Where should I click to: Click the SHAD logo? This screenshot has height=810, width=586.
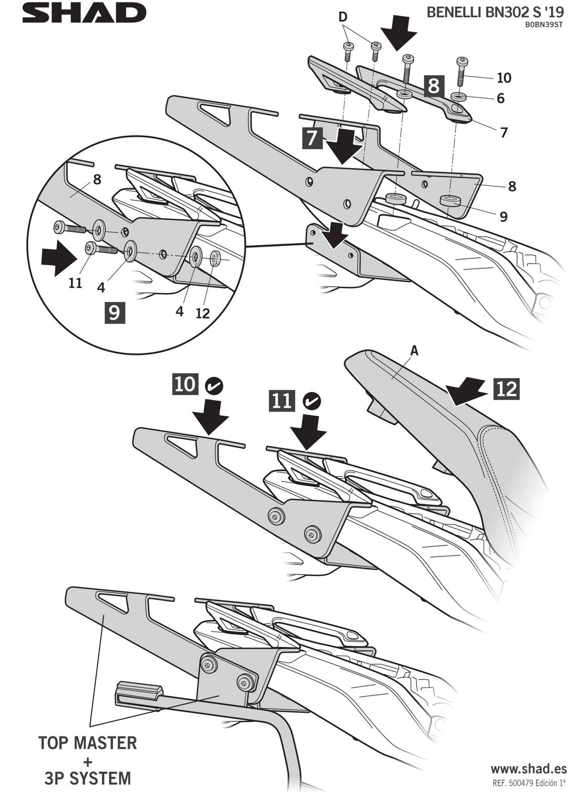point(84,13)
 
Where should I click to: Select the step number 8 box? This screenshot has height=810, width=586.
point(434,86)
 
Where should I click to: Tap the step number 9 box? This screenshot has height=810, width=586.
point(115,312)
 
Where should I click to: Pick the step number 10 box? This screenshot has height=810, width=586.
point(185,384)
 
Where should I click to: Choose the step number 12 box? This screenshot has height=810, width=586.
point(507,389)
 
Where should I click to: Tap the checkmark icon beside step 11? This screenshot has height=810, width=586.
point(311,401)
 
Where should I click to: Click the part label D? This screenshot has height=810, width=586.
point(343,17)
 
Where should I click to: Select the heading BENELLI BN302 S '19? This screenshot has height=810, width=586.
point(495,13)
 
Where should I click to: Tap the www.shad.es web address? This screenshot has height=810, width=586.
point(529,769)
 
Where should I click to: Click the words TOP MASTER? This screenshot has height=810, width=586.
point(88,743)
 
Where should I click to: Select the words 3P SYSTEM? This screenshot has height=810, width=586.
point(88,778)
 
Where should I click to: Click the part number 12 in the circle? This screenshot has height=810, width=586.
point(202,313)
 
